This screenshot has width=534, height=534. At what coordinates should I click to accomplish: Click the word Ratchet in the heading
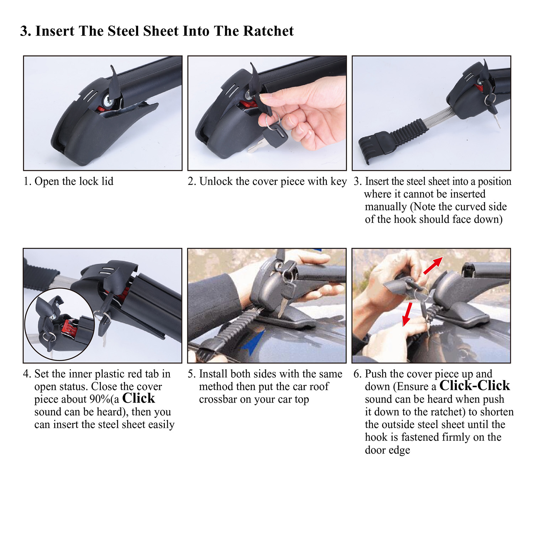click(x=268, y=31)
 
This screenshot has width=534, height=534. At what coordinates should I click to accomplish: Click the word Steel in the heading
click(x=123, y=31)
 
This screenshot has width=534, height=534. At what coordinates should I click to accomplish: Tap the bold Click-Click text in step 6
click(x=475, y=386)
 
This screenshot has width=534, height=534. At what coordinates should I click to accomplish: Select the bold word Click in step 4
click(x=138, y=398)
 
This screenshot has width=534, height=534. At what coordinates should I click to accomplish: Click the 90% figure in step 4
click(x=98, y=399)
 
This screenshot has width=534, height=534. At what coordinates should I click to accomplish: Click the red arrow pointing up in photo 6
click(x=433, y=265)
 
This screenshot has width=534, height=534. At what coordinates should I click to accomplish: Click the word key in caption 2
click(x=339, y=182)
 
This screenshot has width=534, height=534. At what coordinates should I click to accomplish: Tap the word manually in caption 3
click(x=386, y=207)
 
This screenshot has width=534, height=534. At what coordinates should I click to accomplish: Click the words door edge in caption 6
click(x=387, y=450)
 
